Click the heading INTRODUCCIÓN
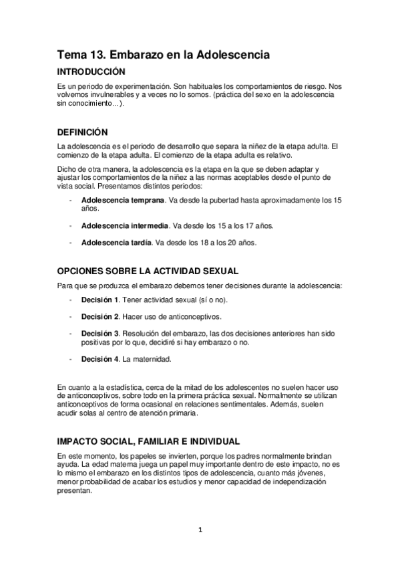pyautogui.click(x=91, y=71)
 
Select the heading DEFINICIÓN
pyautogui.click(x=83, y=132)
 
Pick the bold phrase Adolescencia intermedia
pyautogui.click(x=125, y=226)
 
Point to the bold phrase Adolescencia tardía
pyautogui.click(x=116, y=243)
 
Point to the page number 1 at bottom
pyautogui.click(x=200, y=530)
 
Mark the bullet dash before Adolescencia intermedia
pyautogui.click(x=71, y=226)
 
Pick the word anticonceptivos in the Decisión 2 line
pyautogui.click(x=190, y=316)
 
